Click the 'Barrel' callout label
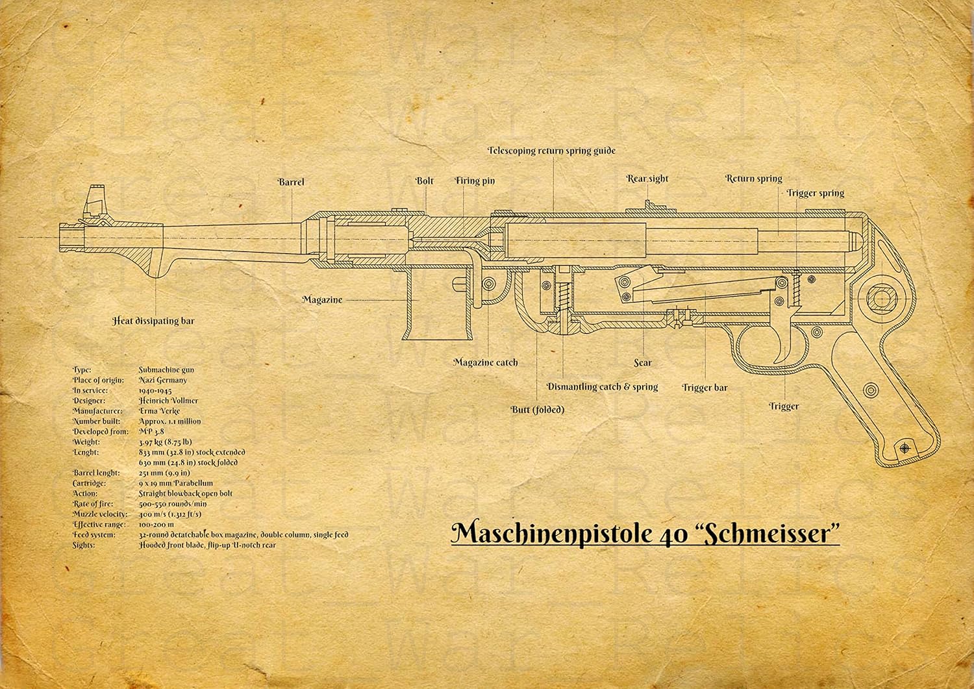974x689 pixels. pyautogui.click(x=291, y=182)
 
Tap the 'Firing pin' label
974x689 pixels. pyautogui.click(x=475, y=181)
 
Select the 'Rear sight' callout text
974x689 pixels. pyautogui.click(x=647, y=179)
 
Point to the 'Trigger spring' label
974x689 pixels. pyautogui.click(x=815, y=193)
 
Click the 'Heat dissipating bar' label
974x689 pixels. pyautogui.click(x=153, y=321)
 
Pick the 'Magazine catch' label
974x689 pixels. pyautogui.click(x=486, y=362)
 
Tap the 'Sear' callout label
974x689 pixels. pyautogui.click(x=643, y=363)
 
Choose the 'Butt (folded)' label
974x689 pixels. pyautogui.click(x=537, y=410)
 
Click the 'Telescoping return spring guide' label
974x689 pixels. pyautogui.click(x=551, y=151)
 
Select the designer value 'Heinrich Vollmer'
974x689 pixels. pyautogui.click(x=168, y=401)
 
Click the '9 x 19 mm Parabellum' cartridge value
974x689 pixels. pyautogui.click(x=175, y=483)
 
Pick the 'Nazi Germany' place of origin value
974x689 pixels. pyautogui.click(x=162, y=380)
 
